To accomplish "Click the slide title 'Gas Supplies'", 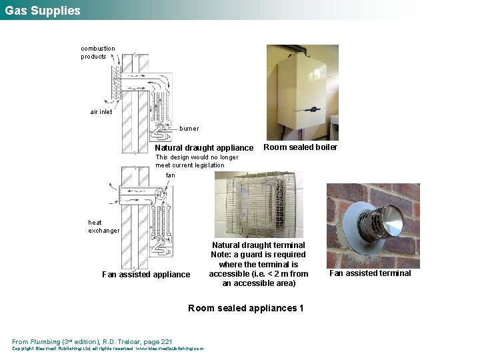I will click(43, 11).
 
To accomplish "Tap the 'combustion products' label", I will click(98, 53).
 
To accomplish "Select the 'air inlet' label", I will click(101, 112).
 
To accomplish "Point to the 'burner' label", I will click(189, 128).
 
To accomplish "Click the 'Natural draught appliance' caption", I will click(204, 148).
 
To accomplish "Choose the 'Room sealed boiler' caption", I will click(301, 147).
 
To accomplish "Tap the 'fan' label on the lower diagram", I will click(171, 175).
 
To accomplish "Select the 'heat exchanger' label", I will click(103, 227).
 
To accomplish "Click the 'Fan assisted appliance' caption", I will click(146, 275).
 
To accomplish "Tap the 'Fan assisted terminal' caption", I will click(370, 273).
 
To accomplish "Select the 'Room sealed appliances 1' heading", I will click(246, 308).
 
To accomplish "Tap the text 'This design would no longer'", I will click(197, 157).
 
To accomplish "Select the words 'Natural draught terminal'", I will click(258, 245).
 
